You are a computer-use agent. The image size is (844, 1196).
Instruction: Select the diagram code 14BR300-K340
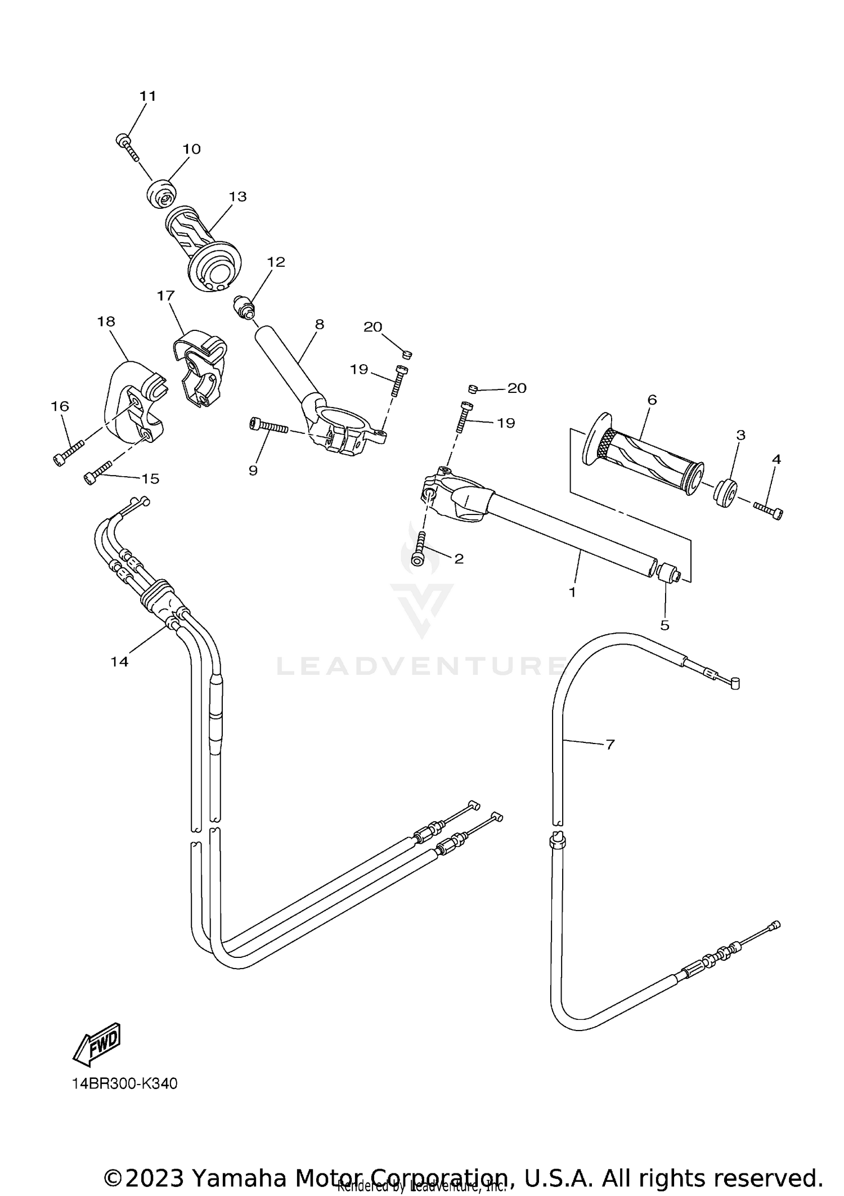tap(124, 1083)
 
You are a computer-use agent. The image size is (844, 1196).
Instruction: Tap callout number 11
tap(147, 96)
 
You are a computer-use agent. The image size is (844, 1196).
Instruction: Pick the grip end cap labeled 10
tap(160, 192)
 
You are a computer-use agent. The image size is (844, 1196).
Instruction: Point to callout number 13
tap(238, 196)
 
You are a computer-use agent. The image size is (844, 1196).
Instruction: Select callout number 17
tap(166, 295)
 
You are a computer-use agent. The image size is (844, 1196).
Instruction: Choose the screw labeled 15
tap(98, 471)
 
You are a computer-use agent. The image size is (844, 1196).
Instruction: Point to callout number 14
tap(119, 662)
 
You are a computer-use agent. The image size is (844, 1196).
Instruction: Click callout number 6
tap(652, 400)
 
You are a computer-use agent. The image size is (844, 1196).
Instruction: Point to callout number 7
tap(610, 744)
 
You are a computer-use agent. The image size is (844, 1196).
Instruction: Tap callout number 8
tap(320, 324)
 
